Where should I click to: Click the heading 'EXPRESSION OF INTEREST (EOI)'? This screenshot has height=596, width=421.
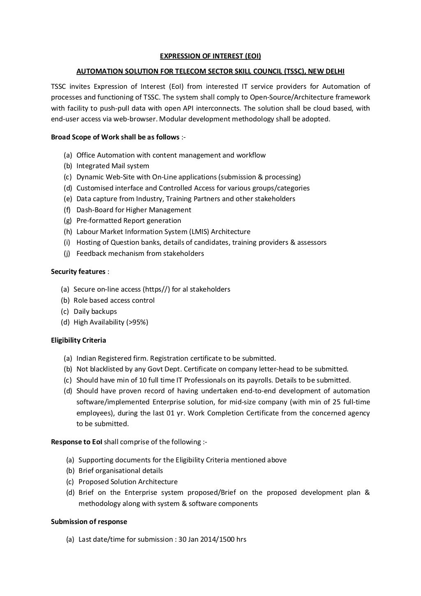click(x=210, y=56)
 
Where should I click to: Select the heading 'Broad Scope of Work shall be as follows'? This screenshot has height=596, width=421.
click(x=115, y=137)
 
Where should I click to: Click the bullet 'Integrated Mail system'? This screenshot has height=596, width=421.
click(x=113, y=166)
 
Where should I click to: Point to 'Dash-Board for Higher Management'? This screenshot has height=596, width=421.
click(x=134, y=210)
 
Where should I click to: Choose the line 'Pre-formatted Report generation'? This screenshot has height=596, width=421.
click(x=129, y=220)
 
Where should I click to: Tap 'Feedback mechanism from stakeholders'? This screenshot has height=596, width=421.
click(x=140, y=253)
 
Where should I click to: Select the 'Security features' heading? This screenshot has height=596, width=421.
click(x=78, y=271)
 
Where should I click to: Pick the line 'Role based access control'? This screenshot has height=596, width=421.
click(x=114, y=300)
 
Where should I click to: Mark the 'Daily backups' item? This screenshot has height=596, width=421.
click(x=95, y=311)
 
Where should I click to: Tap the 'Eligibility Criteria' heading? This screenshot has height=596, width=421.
click(x=78, y=340)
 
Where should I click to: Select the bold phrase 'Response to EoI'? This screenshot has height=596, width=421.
click(x=76, y=442)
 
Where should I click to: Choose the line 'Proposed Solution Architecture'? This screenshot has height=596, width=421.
click(x=128, y=482)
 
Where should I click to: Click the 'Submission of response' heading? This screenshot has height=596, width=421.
click(x=89, y=522)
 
